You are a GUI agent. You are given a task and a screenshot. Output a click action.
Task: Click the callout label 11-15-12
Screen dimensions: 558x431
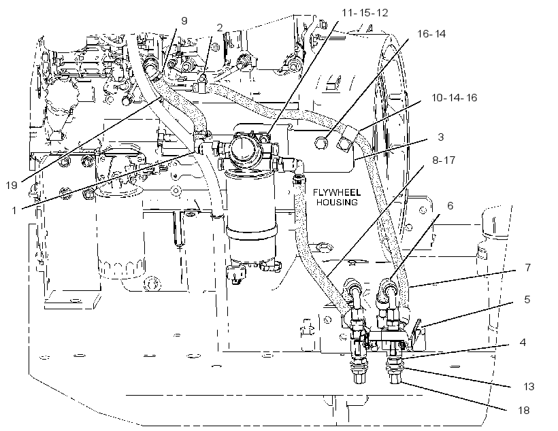point(365,13)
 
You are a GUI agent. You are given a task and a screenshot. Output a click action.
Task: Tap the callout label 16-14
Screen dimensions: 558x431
point(431,34)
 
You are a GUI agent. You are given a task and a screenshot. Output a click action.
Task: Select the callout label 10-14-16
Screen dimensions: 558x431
point(454,97)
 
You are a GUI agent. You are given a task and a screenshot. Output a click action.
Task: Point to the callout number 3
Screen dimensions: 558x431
point(441,137)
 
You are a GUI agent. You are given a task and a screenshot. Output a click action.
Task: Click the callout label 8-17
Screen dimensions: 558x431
point(444,160)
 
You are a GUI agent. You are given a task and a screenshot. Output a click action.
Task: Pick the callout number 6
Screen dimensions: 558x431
point(450,205)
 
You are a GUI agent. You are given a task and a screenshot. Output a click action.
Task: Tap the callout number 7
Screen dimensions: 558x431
point(528,267)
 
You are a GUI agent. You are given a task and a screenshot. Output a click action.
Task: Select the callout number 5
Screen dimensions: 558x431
point(527,299)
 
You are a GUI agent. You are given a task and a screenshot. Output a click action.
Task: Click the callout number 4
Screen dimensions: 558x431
point(523,342)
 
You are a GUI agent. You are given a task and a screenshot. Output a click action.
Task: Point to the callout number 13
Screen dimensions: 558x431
point(529,387)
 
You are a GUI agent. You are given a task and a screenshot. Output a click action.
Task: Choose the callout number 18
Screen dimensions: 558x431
point(524,411)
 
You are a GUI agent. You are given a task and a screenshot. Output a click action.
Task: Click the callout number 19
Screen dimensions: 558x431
point(12,185)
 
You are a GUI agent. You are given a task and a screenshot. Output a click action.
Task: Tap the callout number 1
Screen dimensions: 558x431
point(14,211)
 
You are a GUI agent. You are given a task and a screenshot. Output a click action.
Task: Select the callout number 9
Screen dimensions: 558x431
point(184,20)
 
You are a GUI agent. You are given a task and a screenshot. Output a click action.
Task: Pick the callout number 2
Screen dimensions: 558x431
point(220,27)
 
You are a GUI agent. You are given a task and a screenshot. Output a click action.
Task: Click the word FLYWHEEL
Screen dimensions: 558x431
point(337,193)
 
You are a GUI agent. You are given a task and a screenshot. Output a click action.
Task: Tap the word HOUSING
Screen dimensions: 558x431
point(337,203)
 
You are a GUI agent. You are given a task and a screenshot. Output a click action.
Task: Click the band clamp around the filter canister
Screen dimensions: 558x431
point(252,232)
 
